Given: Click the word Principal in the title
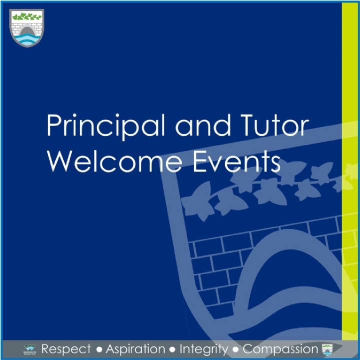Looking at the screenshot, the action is click(x=106, y=127).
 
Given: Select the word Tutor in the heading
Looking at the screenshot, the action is click(x=274, y=125).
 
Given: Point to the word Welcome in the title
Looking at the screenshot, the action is click(x=114, y=161).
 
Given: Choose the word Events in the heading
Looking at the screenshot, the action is click(x=236, y=161).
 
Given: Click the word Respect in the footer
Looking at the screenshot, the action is click(x=66, y=349).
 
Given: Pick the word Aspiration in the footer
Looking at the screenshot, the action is click(x=135, y=349).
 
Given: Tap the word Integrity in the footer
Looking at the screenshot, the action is click(x=204, y=349).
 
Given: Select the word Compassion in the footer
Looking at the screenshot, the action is click(x=280, y=349).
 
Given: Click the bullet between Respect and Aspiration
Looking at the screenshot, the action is click(x=99, y=350).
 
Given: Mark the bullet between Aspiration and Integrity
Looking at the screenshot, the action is click(x=172, y=350).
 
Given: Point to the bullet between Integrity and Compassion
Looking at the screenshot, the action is click(x=235, y=350).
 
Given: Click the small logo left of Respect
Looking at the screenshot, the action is click(x=30, y=349).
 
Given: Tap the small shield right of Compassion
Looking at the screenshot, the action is click(x=327, y=349).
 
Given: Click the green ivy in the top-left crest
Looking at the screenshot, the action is click(x=27, y=16).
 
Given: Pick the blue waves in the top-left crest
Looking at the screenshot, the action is click(x=27, y=39).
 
